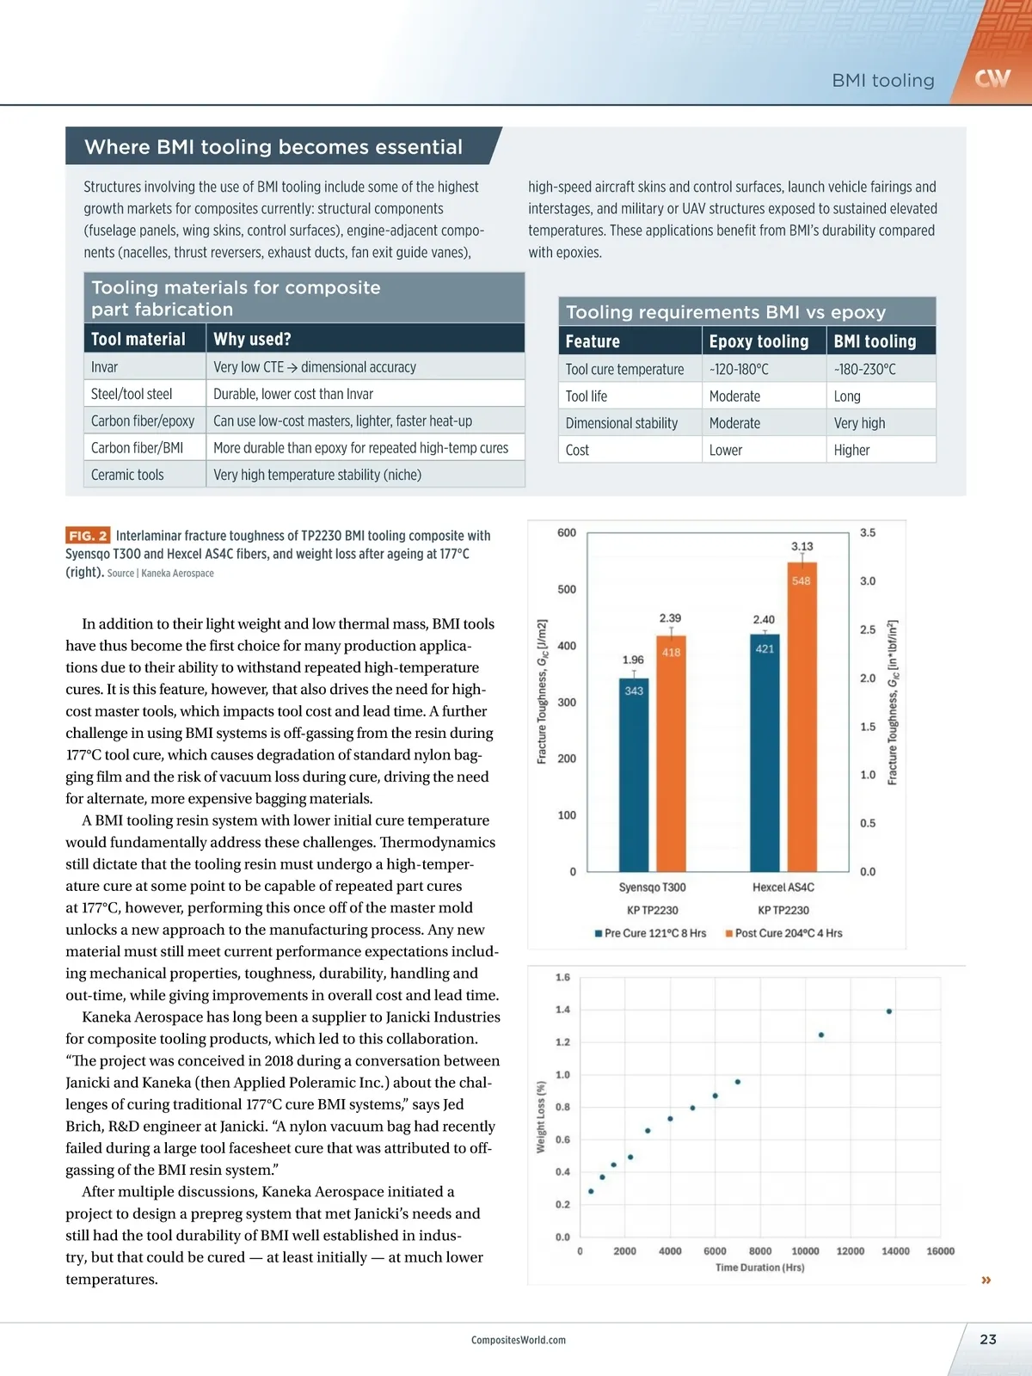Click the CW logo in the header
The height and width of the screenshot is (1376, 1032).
(992, 79)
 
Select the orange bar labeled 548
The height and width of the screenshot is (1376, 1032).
(802, 717)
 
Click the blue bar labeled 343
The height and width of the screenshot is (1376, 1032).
(634, 774)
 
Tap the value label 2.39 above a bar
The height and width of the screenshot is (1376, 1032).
(670, 618)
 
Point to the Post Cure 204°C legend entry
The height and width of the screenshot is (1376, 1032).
(783, 933)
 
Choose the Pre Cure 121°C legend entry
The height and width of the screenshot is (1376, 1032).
(650, 933)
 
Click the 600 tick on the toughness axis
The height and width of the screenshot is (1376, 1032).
(567, 533)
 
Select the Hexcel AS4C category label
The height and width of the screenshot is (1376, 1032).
(783, 888)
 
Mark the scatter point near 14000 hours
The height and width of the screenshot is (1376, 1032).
(888, 1011)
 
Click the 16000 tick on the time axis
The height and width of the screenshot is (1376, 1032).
(940, 1251)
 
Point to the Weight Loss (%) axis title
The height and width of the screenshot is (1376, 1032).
(541, 1117)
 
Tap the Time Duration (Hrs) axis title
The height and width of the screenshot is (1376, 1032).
(759, 1268)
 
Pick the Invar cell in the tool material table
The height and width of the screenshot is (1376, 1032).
(105, 367)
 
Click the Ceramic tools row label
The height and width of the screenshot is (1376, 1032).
(127, 475)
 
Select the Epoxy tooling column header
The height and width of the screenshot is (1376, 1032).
(759, 341)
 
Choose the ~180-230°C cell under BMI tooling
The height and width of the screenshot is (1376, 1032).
(864, 370)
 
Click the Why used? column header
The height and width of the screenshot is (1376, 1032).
(252, 340)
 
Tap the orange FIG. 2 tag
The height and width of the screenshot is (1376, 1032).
(88, 536)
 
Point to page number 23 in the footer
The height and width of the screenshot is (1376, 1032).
(987, 1339)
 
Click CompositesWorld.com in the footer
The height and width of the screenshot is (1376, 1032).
(519, 1340)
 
